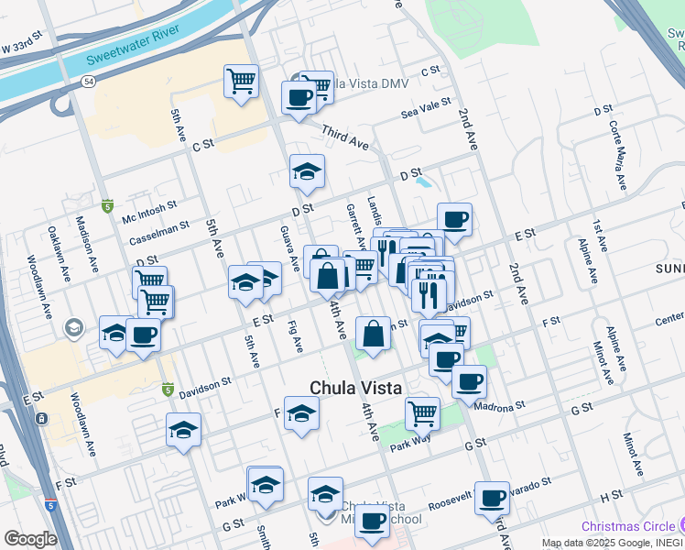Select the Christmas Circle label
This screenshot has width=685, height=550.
[628, 526]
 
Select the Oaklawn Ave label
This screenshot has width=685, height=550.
[52, 239]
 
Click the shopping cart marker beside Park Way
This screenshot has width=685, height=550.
[422, 412]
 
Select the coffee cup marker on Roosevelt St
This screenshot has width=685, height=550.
[492, 497]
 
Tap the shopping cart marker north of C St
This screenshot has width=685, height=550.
[241, 81]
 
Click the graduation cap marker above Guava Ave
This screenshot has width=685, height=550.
[308, 170]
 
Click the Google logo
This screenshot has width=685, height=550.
[29, 538]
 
